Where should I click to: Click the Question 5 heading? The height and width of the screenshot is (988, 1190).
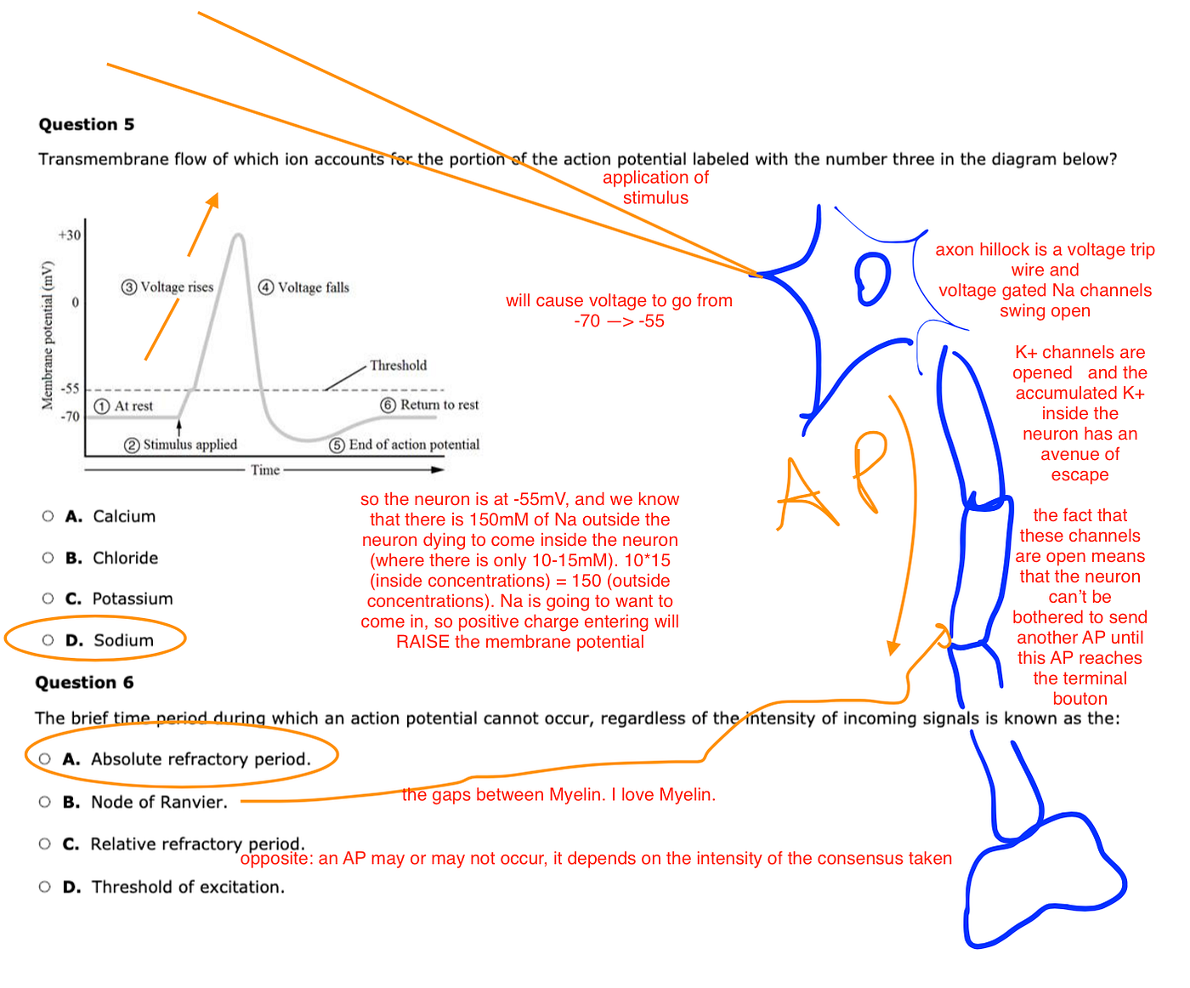tap(86, 124)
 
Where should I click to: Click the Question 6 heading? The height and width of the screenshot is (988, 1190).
tap(84, 683)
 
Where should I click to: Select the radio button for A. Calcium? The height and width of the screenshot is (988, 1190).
tap(48, 516)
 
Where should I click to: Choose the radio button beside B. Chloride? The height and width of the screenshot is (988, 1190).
tap(48, 558)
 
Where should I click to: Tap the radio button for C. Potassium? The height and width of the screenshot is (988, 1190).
tap(48, 599)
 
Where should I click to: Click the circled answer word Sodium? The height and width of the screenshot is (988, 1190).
tap(123, 640)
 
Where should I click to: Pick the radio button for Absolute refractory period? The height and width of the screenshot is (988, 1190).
tap(45, 758)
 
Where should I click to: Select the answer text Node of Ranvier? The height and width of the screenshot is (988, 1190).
tap(159, 802)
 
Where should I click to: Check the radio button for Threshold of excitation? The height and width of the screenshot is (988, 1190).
tap(45, 887)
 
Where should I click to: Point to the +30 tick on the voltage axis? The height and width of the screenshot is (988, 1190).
tap(70, 235)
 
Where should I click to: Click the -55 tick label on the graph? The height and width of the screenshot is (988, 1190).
tap(70, 389)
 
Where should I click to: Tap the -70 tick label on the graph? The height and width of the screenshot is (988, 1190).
tap(70, 416)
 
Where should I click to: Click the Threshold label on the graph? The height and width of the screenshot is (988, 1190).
tap(398, 366)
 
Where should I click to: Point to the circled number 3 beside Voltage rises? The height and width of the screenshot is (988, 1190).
tap(129, 287)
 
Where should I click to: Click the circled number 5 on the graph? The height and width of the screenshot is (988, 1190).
tap(337, 445)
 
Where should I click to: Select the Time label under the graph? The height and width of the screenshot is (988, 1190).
tap(265, 469)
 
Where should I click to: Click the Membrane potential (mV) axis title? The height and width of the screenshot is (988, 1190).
tap(48, 335)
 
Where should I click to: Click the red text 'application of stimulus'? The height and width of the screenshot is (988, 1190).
tap(655, 187)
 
